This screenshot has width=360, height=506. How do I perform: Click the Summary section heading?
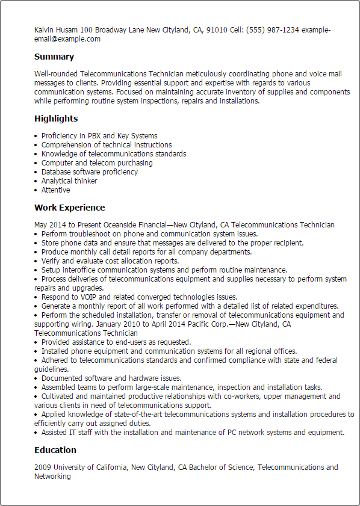(54, 57)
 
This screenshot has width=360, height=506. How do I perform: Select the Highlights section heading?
(56, 119)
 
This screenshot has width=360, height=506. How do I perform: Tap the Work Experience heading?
(69, 208)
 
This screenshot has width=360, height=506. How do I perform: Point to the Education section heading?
(55, 450)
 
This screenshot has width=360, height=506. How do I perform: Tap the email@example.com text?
(67, 39)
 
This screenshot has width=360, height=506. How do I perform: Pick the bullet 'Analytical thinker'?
(69, 181)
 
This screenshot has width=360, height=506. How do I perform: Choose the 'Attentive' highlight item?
(55, 190)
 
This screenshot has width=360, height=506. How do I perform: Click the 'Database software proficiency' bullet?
(89, 172)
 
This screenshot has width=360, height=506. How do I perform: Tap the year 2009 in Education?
(43, 467)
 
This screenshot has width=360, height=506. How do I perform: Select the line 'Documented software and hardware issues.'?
(111, 378)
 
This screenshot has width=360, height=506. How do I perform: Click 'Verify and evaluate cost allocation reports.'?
(110, 261)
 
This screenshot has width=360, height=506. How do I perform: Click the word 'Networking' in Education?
(52, 477)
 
